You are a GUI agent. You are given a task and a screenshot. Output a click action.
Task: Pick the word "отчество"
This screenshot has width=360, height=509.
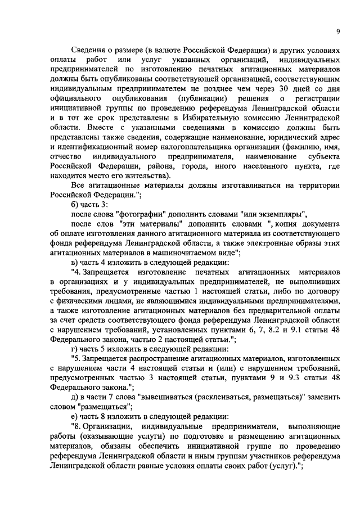pos(66,155)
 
